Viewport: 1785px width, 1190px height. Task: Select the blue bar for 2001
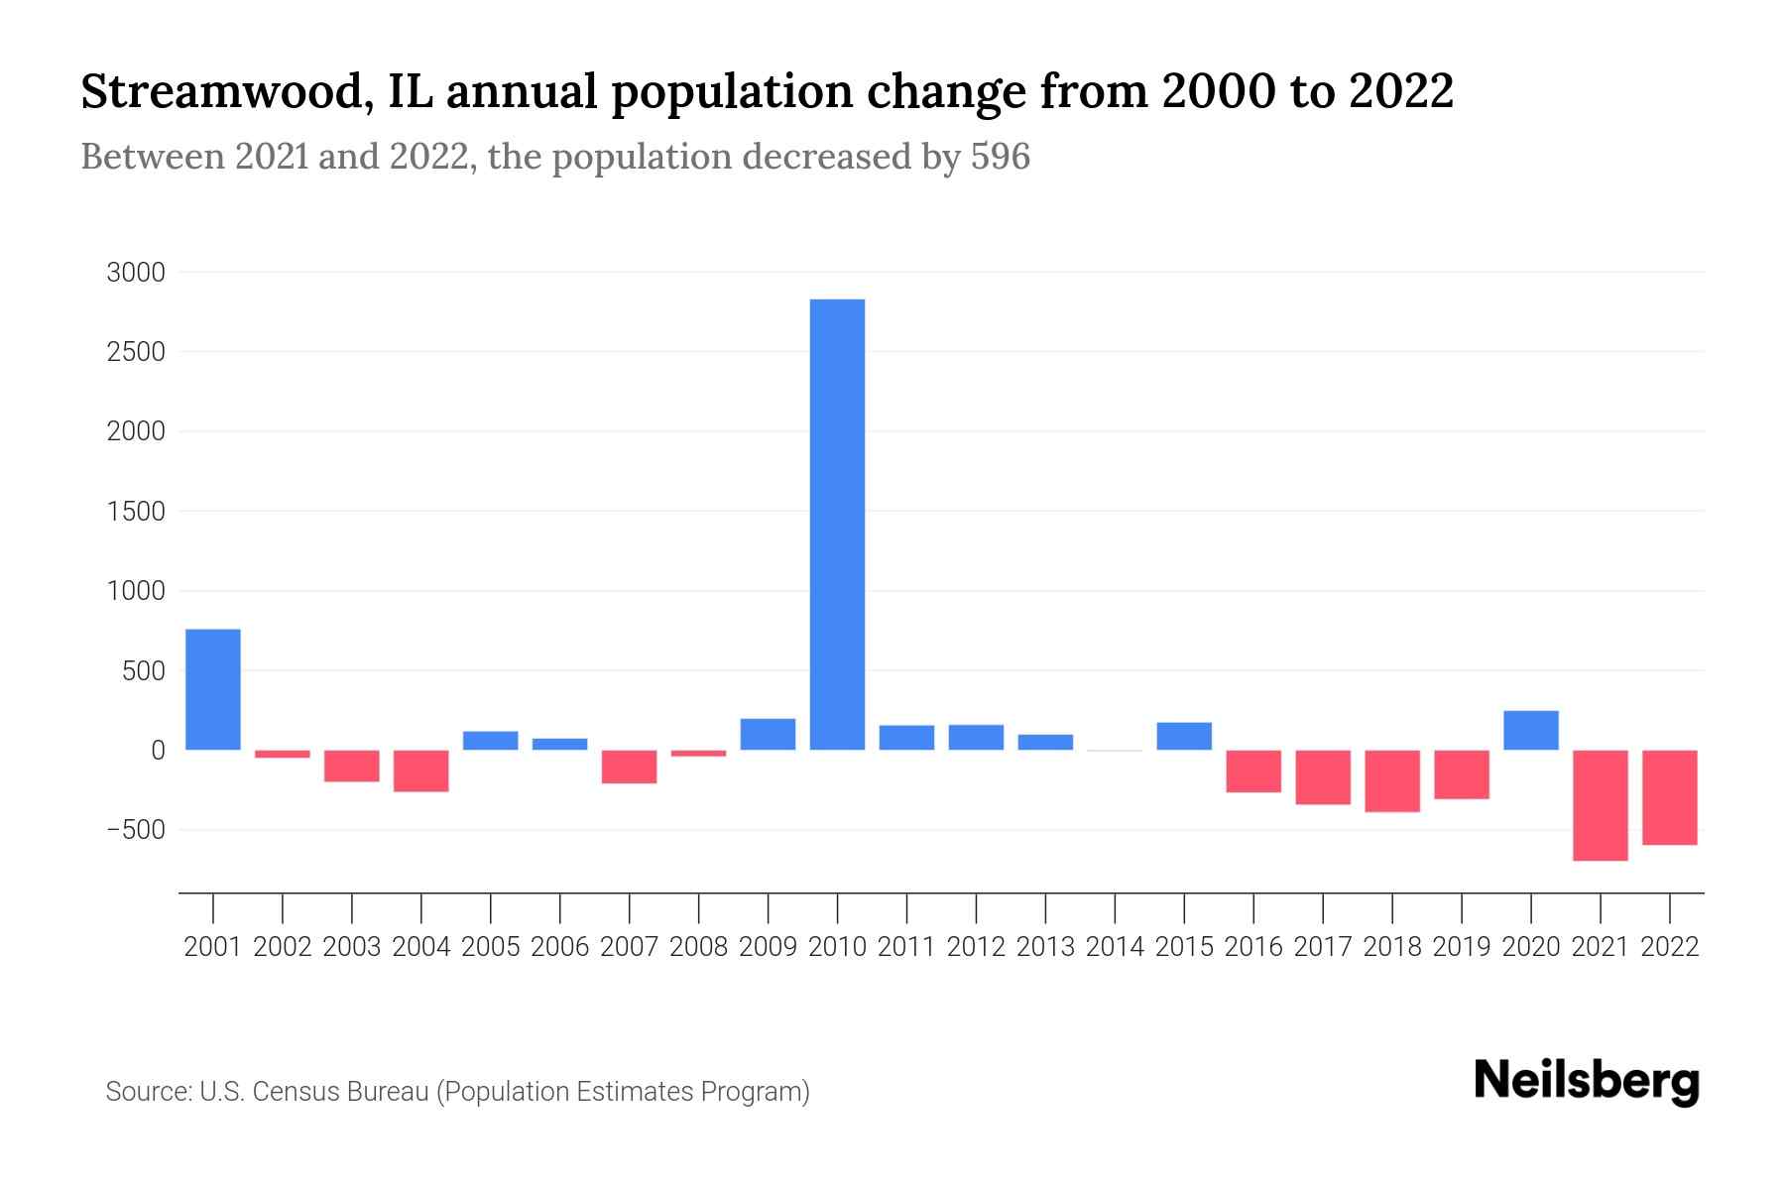point(213,689)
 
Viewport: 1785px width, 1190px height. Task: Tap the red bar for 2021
point(1600,804)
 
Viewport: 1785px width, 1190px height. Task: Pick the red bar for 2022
point(1669,797)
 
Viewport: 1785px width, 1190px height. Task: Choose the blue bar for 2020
point(1530,730)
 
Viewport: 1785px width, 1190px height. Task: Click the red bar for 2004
point(421,771)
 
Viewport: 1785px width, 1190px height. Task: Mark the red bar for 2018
point(1392,780)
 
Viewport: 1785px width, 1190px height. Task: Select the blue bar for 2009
point(768,734)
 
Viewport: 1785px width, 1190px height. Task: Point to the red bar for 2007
point(629,767)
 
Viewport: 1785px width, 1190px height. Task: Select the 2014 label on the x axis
point(1115,947)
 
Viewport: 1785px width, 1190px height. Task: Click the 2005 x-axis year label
point(491,947)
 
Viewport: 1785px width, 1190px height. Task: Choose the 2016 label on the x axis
point(1253,947)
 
